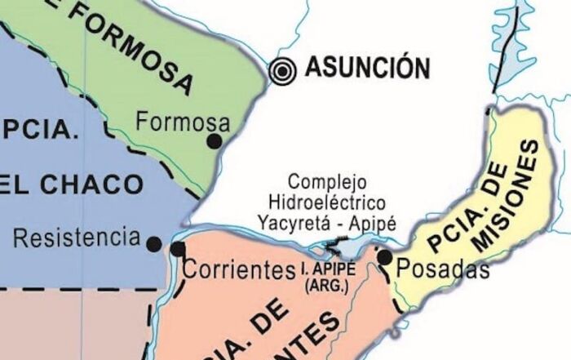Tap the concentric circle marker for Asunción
283,71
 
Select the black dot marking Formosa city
215,141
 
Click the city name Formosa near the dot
183,122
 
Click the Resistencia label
77,238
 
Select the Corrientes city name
238,269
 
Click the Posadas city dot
384,257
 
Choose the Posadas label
443,269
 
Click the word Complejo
328,181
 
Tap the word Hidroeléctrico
328,201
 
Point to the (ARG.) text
325,287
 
